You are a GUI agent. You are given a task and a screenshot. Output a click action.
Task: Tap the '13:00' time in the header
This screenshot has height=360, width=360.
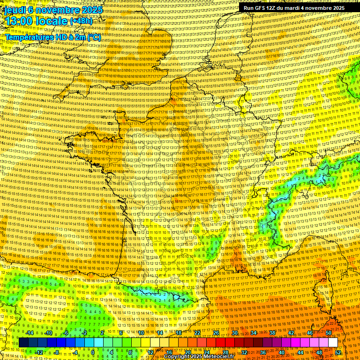pyautogui.click(x=18, y=22)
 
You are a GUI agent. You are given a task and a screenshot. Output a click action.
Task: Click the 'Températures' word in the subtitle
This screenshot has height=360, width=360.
pyautogui.click(x=30, y=37)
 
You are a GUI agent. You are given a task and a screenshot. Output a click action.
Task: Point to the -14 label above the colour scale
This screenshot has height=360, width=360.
pyautogui.click(x=30, y=333)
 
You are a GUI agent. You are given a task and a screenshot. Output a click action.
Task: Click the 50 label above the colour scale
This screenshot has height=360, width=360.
pyautogui.click(x=328, y=333)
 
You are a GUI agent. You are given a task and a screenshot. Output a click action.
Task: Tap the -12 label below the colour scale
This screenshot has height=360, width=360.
pyautogui.click(x=39, y=352)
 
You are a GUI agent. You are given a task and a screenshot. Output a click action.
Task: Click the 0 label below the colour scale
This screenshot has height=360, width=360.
pyautogui.click(x=93, y=352)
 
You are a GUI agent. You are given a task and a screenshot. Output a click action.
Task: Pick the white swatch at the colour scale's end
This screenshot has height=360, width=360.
pyautogui.click(x=333, y=343)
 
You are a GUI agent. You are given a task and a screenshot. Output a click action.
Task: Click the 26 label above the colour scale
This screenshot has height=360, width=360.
pyautogui.click(x=216, y=333)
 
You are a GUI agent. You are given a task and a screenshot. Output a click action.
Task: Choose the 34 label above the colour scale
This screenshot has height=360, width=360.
pyautogui.click(x=254, y=333)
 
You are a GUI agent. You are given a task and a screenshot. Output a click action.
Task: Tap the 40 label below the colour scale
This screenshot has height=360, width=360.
pyautogui.click(x=282, y=352)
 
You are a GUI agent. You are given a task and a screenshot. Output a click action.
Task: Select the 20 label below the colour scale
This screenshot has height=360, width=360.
pyautogui.click(x=188, y=352)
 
